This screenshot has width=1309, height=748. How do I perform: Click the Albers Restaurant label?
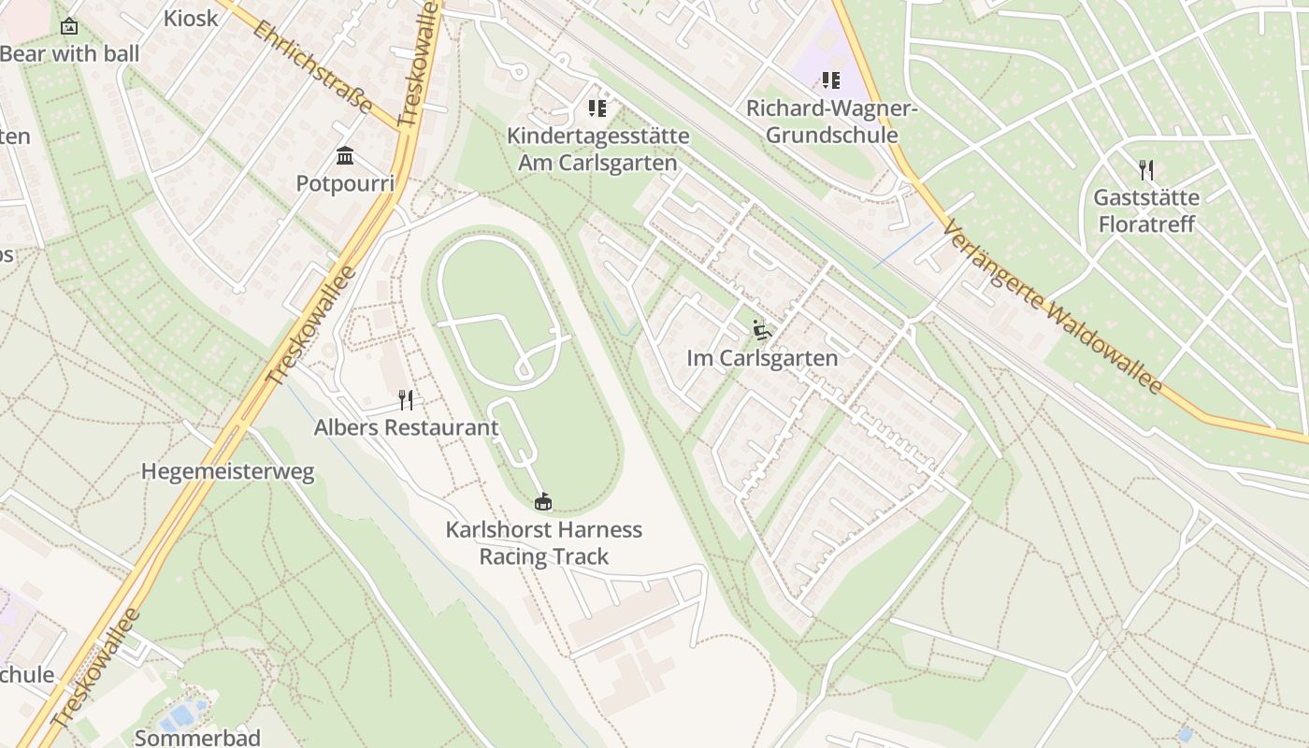tap(406, 428)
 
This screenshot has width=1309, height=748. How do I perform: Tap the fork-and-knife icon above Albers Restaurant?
tap(406, 400)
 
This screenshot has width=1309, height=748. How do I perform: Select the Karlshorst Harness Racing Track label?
tap(543, 543)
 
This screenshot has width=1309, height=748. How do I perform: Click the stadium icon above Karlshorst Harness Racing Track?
tap(542, 502)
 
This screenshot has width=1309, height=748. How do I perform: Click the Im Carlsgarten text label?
tap(762, 358)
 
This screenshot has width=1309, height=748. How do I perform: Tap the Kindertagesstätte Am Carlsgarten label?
tap(597, 150)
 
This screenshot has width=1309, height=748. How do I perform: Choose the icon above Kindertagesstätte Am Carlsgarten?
tap(597, 108)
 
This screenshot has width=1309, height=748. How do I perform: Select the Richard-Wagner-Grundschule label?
tap(831, 122)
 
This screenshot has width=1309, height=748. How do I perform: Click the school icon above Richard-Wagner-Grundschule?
tap(830, 80)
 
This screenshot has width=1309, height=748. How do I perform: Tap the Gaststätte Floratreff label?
tap(1146, 211)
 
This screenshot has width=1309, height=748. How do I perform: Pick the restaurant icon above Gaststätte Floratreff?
tap(1146, 170)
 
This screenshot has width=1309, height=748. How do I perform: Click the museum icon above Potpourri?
tap(345, 155)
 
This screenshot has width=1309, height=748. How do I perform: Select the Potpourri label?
tap(345, 183)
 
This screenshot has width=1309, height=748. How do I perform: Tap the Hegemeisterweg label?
tap(228, 471)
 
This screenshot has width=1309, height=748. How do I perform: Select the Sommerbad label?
tap(197, 738)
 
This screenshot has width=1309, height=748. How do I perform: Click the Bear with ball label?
tap(69, 54)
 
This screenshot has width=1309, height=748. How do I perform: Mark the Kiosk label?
tap(191, 18)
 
